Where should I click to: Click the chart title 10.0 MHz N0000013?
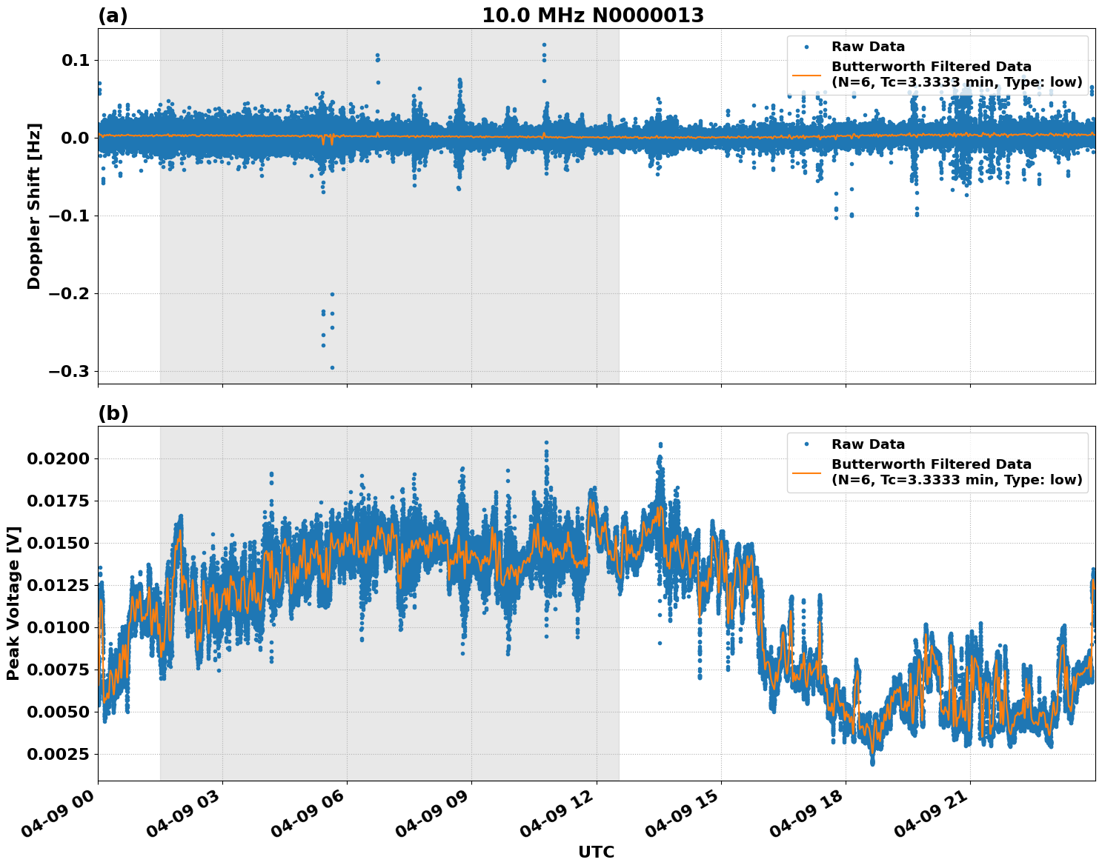[x=593, y=16]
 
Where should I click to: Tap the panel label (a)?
[x=113, y=16]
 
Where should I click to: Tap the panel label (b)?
[x=113, y=413]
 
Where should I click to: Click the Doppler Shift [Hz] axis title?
[x=34, y=206]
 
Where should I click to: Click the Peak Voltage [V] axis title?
[x=13, y=603]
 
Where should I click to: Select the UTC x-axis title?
[x=596, y=852]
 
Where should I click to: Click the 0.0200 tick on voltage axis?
[x=58, y=458]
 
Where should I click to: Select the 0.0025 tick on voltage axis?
[x=58, y=754]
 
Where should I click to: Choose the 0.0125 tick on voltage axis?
[x=58, y=585]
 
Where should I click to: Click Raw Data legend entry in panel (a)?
[x=867, y=47]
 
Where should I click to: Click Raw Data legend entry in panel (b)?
[x=867, y=444]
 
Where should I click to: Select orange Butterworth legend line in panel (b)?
[x=806, y=473]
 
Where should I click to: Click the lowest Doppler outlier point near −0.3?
[x=332, y=367]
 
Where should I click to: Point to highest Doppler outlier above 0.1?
[x=544, y=44]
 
